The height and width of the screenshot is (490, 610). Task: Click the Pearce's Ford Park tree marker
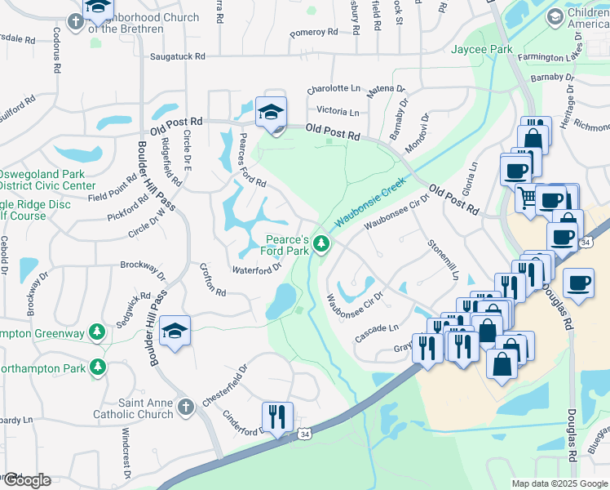pyautogui.click(x=322, y=243)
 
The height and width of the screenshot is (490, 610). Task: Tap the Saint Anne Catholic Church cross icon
pyautogui.click(x=185, y=406)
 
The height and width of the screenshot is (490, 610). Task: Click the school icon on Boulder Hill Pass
pyautogui.click(x=175, y=330)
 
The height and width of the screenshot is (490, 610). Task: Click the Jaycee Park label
pyautogui.click(x=482, y=50)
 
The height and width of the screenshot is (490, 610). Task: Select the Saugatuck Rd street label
pyautogui.click(x=178, y=56)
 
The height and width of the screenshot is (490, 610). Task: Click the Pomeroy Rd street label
pyautogui.click(x=314, y=33)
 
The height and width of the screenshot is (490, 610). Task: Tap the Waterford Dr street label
pyautogui.click(x=257, y=269)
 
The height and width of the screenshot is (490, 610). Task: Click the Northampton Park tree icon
pyautogui.click(x=99, y=367)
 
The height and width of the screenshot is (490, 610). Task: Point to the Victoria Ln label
pyautogui.click(x=332, y=111)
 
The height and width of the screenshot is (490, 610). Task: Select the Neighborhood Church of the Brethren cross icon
pyautogui.click(x=75, y=21)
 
